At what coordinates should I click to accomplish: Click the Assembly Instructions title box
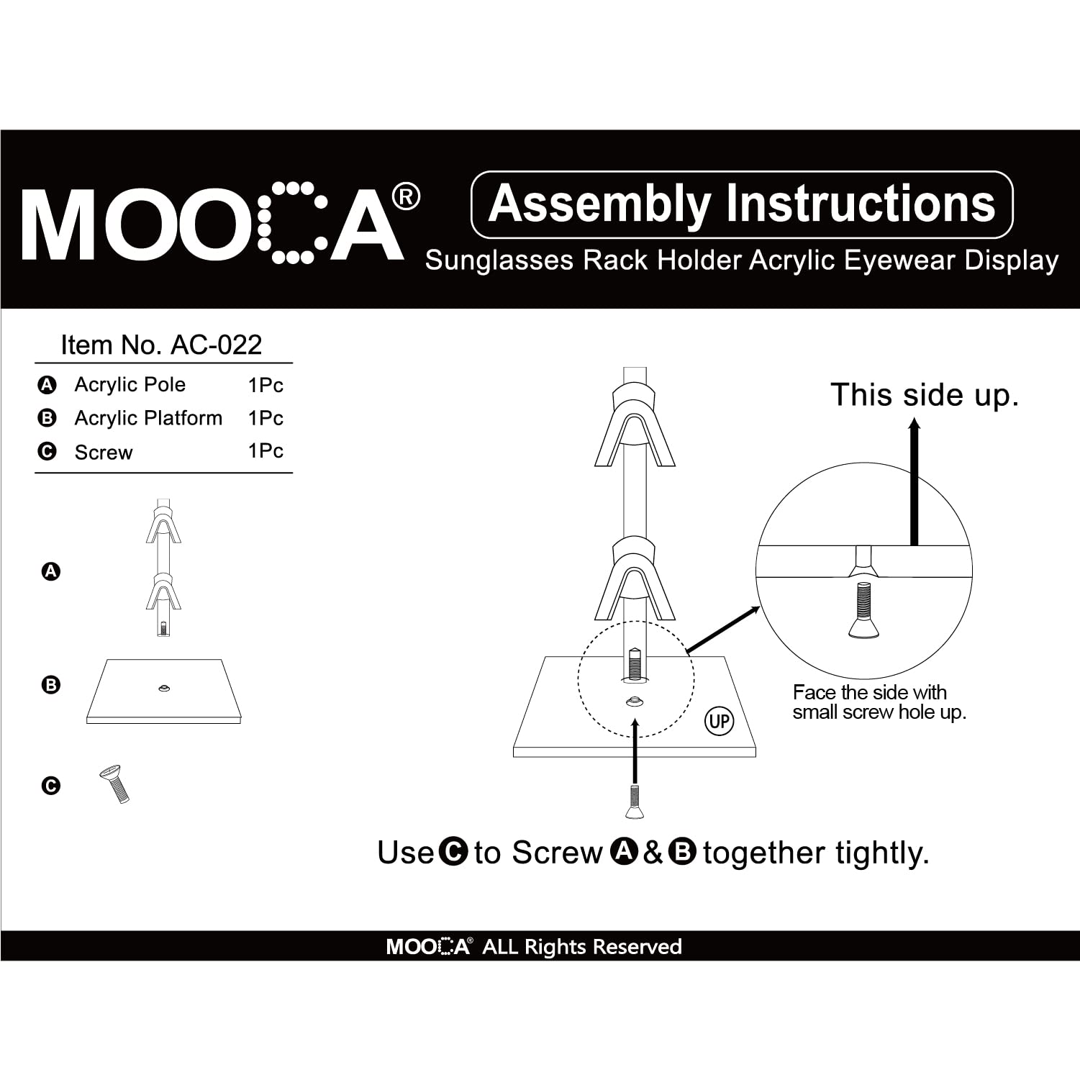(x=741, y=204)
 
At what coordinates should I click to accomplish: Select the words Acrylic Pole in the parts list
(x=130, y=385)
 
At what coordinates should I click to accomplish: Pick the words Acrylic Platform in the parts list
(x=148, y=418)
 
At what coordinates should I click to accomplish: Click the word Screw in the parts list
(x=104, y=453)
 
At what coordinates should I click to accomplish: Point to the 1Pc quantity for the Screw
(x=266, y=451)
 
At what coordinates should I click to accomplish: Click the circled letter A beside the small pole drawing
(x=50, y=572)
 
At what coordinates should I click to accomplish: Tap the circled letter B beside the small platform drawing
(x=50, y=685)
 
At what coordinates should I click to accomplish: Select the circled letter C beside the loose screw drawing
(x=50, y=786)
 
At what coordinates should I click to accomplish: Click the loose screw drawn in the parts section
(x=115, y=784)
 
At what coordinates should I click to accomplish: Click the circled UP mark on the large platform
(x=719, y=721)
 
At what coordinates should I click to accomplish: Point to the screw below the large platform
(x=634, y=801)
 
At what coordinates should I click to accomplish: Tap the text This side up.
(x=924, y=395)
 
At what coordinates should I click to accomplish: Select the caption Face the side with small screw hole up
(x=878, y=702)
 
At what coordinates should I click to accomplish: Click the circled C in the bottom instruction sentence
(x=453, y=852)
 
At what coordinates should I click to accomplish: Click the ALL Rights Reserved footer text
(x=581, y=946)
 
